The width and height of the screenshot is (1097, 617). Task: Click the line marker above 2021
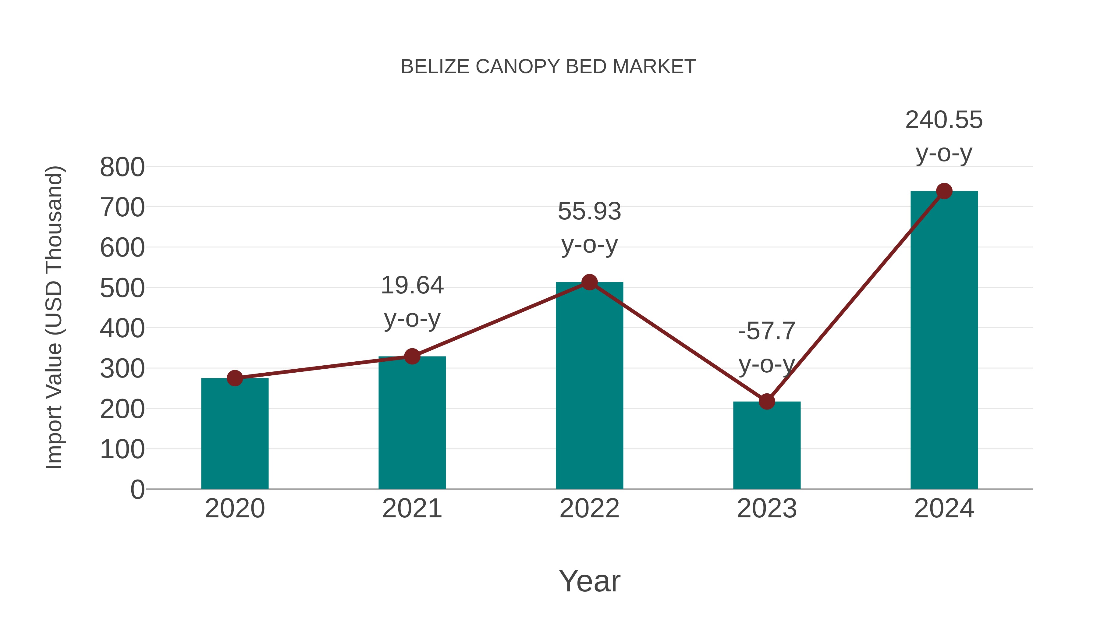point(412,356)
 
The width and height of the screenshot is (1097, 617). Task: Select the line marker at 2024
point(944,191)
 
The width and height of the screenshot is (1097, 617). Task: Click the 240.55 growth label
point(944,120)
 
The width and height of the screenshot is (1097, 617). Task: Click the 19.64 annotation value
point(412,285)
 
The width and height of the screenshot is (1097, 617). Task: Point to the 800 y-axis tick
point(122,167)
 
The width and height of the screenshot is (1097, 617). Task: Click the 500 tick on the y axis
point(122,288)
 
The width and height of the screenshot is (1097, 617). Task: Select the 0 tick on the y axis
point(137,490)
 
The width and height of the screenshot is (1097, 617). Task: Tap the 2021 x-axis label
point(412,509)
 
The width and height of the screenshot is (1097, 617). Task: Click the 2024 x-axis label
point(944,509)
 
